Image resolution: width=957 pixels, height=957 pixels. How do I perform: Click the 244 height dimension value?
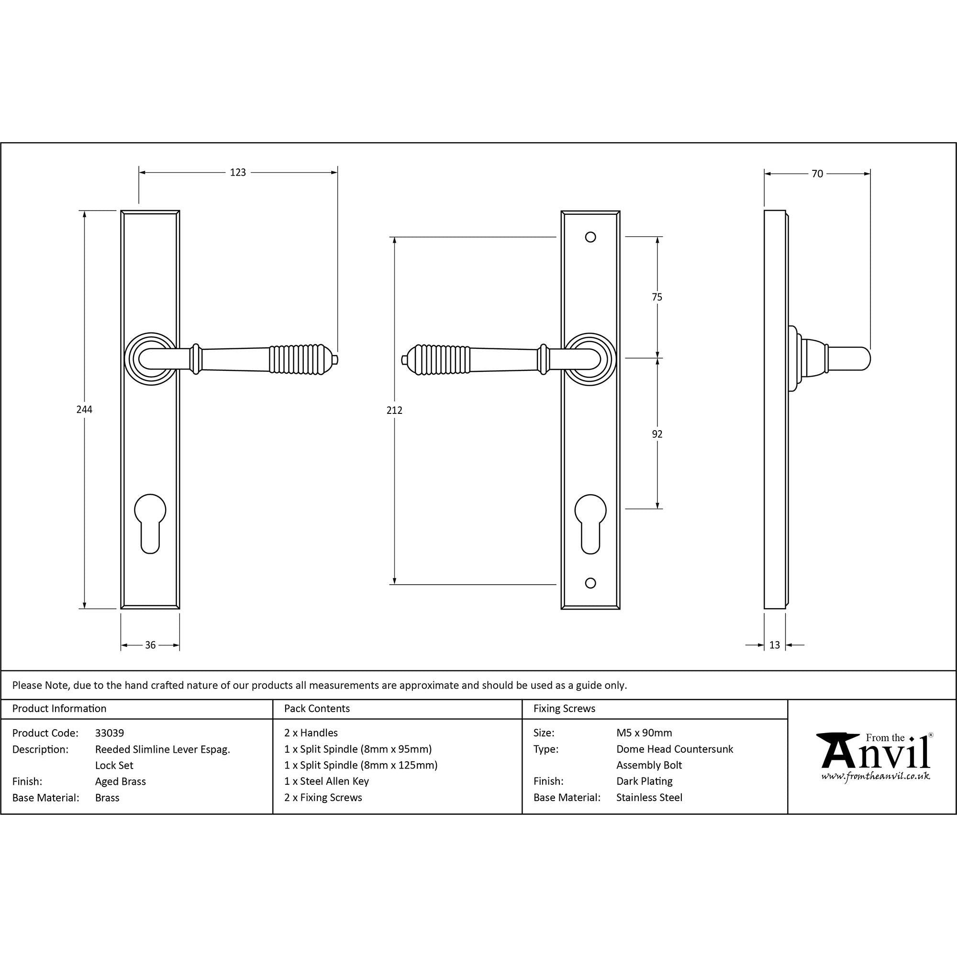[x=84, y=410]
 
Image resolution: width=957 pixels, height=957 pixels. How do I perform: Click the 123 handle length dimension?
[x=238, y=172]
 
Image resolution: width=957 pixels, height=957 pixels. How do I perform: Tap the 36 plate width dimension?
[x=150, y=645]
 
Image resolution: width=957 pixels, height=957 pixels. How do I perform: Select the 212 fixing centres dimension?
[x=394, y=410]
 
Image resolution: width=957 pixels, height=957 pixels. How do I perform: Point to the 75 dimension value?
[x=657, y=297]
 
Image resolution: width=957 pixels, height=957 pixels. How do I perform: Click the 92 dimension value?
[x=657, y=434]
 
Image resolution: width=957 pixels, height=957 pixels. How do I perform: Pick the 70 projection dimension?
[x=817, y=174]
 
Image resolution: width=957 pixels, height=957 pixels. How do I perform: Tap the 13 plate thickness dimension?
[x=775, y=645]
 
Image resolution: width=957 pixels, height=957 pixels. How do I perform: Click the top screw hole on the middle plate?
[x=590, y=237]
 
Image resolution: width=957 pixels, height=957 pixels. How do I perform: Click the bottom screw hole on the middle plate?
[x=590, y=583]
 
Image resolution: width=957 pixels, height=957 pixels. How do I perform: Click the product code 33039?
[x=110, y=733]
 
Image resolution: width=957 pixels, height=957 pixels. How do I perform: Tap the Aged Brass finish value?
[x=121, y=781]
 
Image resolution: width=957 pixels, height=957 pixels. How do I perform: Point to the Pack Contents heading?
[x=317, y=708]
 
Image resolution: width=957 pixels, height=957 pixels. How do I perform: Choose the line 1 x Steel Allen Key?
[x=326, y=781]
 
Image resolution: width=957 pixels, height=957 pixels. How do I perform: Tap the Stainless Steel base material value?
[x=649, y=798]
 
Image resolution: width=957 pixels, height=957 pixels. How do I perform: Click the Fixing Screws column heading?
[x=564, y=708]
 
